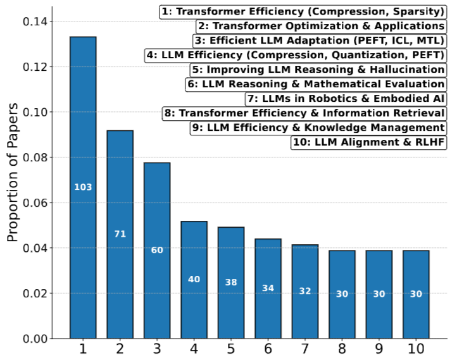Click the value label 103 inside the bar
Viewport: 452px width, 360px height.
coord(83,187)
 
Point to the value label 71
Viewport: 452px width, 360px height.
coord(120,234)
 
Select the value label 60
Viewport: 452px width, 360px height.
coord(157,250)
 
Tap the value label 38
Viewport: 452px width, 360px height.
coord(231,282)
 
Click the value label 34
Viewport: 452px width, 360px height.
coord(268,289)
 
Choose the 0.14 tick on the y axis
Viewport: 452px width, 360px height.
coord(35,22)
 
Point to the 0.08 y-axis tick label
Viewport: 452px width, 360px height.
coord(35,158)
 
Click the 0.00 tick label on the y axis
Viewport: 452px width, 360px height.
coord(35,338)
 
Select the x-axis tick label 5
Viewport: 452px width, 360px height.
coord(231,349)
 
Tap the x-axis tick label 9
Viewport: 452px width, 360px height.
coord(379,349)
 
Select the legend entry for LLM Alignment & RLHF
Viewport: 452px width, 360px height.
coord(369,142)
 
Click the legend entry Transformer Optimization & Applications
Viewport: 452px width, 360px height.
coord(320,26)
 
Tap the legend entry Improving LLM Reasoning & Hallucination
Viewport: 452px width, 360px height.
coord(317,70)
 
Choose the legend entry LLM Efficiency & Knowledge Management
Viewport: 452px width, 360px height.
coord(318,128)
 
